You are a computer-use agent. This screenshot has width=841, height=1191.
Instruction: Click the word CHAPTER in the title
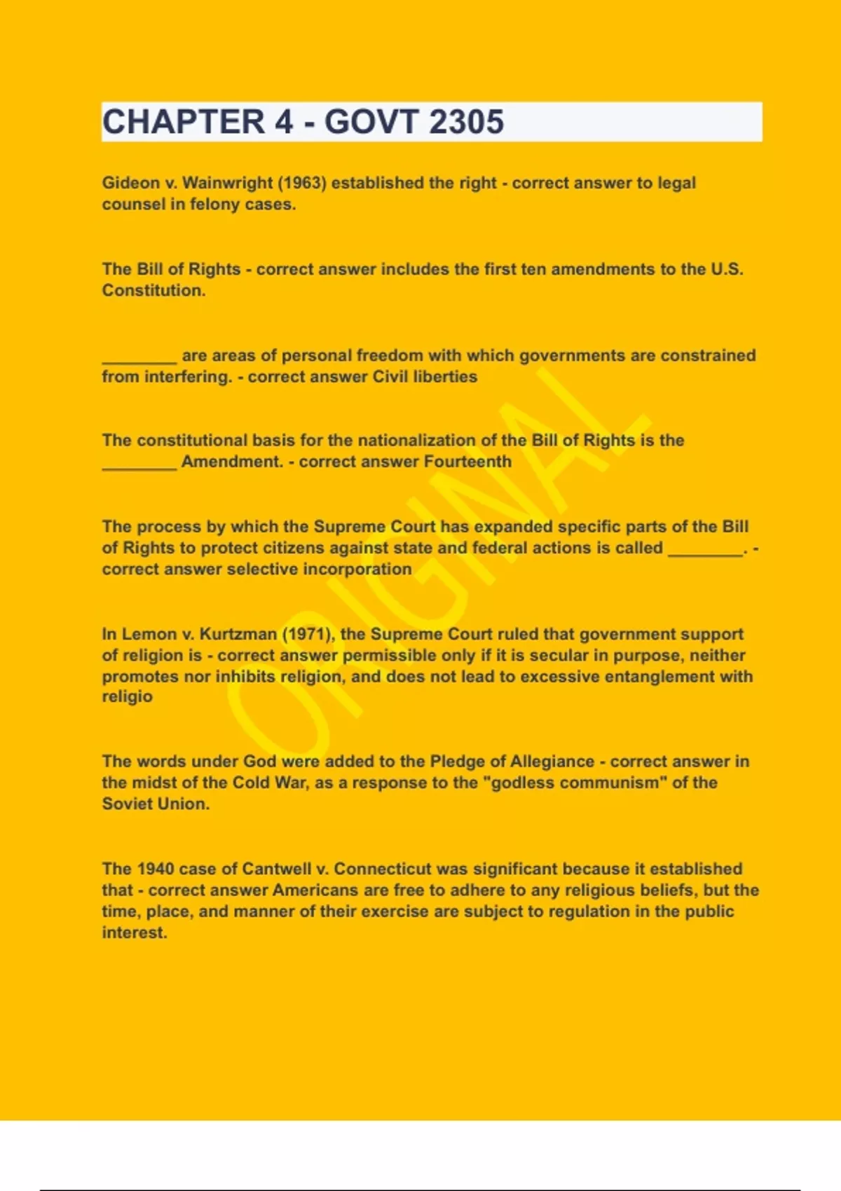click(184, 122)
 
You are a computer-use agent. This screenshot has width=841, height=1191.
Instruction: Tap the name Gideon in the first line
click(131, 183)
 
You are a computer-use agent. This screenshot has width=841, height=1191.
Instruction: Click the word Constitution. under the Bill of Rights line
click(154, 291)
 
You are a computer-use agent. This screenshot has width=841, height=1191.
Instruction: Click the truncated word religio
click(127, 697)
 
